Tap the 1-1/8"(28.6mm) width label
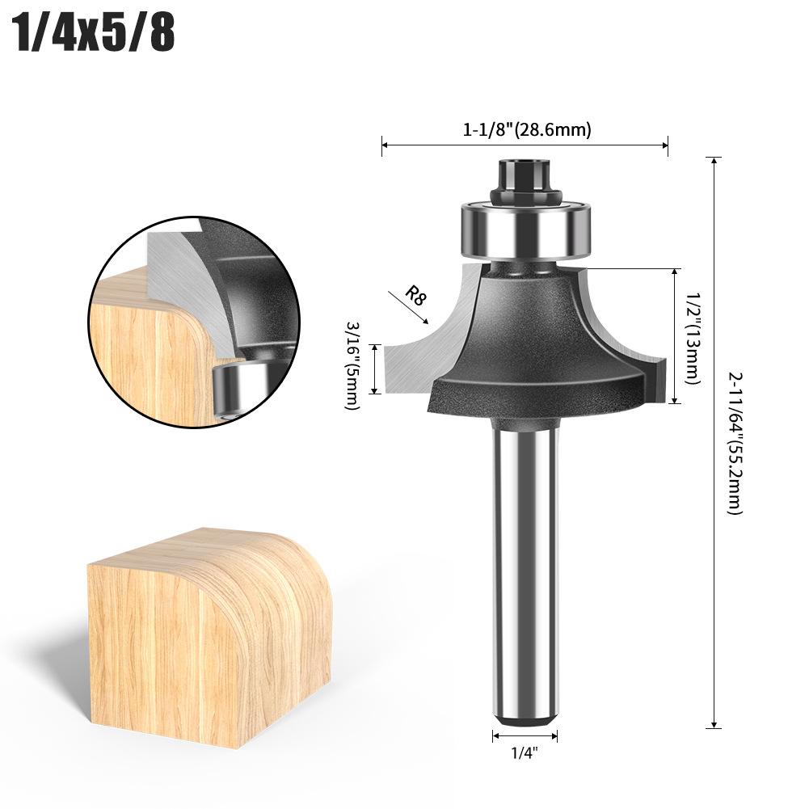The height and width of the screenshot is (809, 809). coord(527,129)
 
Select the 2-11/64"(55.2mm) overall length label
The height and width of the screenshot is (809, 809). coord(735,443)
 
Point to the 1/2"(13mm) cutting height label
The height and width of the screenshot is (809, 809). coord(693,335)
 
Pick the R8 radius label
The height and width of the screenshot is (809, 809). coord(415,295)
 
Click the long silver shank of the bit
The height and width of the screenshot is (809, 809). coord(525,566)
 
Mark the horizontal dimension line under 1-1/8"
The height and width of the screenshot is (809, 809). coord(525,145)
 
